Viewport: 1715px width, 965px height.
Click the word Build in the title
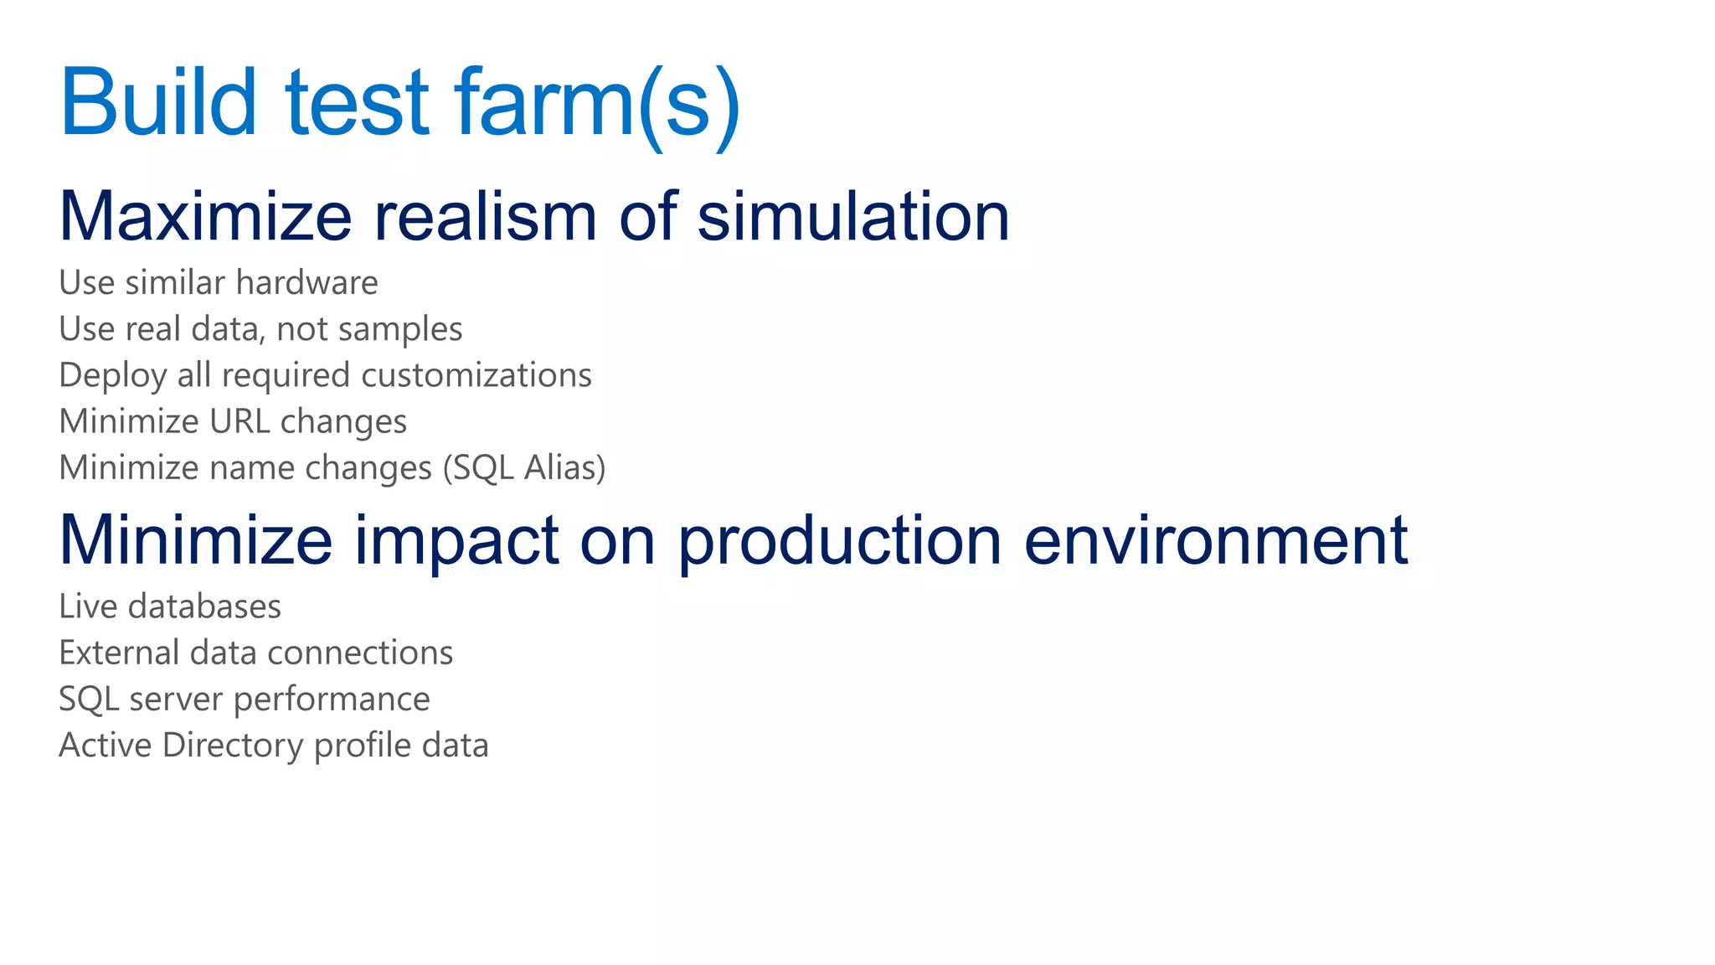pyautogui.click(x=158, y=102)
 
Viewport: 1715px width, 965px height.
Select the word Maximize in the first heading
pyautogui.click(x=205, y=216)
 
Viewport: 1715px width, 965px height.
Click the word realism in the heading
pyautogui.click(x=485, y=216)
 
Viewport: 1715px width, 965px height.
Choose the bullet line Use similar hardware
pyautogui.click(x=218, y=283)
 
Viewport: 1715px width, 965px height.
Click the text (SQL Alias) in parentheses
pyautogui.click(x=523, y=468)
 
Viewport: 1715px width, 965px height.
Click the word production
pyautogui.click(x=839, y=540)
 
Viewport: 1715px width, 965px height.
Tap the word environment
pyautogui.click(x=1215, y=540)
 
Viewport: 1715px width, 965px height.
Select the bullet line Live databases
pyautogui.click(x=170, y=606)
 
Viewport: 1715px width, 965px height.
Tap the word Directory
pyautogui.click(x=233, y=746)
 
